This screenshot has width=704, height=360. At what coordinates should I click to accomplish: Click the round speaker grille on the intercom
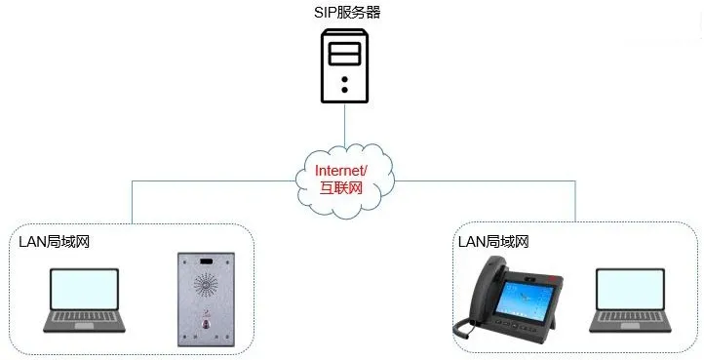coord(205,286)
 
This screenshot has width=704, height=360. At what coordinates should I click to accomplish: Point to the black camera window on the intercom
coord(205,262)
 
